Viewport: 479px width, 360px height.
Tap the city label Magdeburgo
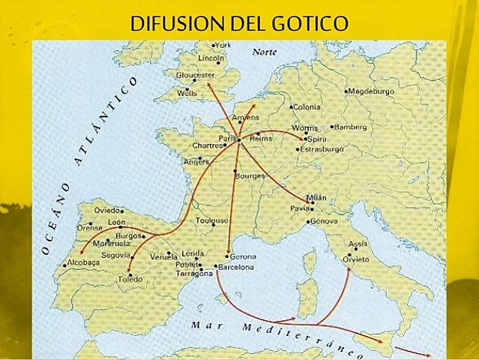(x=373, y=91)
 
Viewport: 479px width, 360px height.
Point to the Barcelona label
(x=237, y=267)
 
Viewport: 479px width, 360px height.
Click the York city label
(x=223, y=45)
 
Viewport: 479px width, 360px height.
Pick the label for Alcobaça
(x=82, y=263)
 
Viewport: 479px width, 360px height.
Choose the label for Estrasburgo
(x=322, y=149)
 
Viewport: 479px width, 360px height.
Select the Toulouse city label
(x=212, y=220)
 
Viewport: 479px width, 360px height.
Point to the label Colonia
(x=306, y=107)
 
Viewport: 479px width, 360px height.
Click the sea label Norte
(x=265, y=52)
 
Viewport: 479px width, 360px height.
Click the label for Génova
(x=325, y=221)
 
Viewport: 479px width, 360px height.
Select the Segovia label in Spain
(x=117, y=255)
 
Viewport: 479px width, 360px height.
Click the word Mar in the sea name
(x=203, y=325)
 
